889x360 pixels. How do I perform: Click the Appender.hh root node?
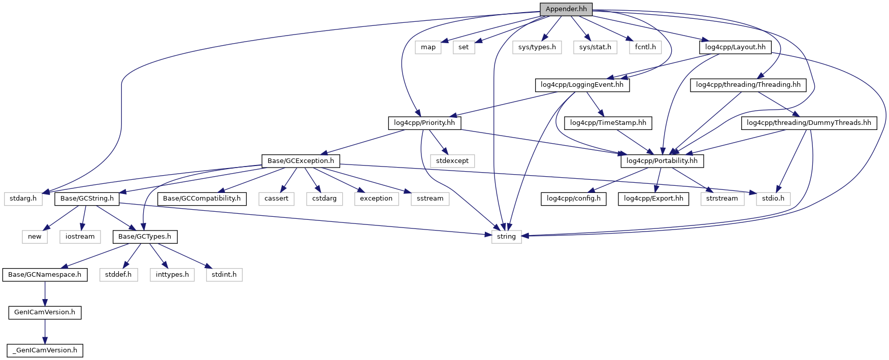click(566, 9)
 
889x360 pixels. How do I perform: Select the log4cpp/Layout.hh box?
click(735, 47)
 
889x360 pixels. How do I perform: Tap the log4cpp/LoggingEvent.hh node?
click(582, 85)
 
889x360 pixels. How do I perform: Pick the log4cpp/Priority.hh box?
click(424, 123)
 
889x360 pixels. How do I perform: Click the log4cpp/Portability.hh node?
click(662, 161)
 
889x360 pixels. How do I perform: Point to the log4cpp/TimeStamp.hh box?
click(608, 123)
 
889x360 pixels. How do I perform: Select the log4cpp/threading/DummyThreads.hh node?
click(809, 123)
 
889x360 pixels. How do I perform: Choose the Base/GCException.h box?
click(301, 161)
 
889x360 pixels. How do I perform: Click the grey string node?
click(506, 237)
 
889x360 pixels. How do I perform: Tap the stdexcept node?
click(452, 161)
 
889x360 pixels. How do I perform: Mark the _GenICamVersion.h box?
click(45, 350)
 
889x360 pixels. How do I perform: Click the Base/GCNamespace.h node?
click(45, 275)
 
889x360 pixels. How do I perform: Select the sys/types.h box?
click(537, 47)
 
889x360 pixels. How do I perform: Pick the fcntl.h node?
click(645, 47)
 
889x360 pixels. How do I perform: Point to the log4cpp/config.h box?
click(574, 199)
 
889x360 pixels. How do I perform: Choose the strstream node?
click(722, 199)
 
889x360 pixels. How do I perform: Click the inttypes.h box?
click(172, 275)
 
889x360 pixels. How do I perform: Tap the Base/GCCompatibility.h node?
click(202, 199)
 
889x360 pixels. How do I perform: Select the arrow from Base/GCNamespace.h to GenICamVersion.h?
click(45, 293)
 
